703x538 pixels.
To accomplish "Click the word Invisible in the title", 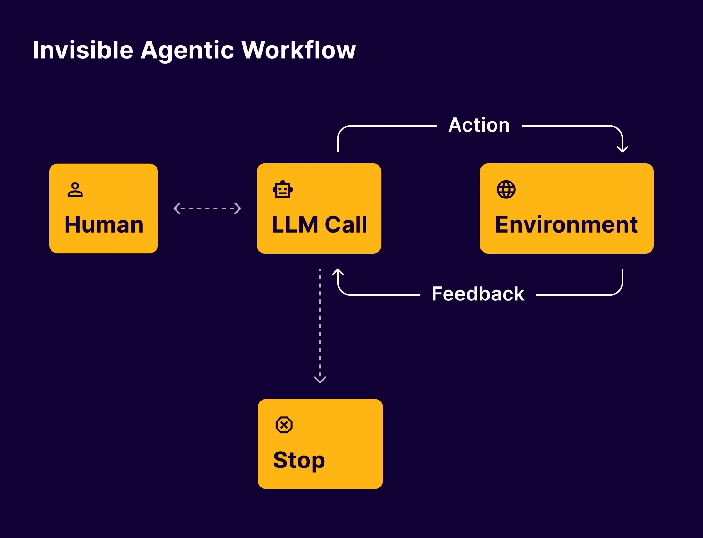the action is point(83,50).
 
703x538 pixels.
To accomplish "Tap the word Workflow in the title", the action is point(298,50).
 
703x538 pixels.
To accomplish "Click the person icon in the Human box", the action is point(75,190).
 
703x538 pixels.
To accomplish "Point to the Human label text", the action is point(104,224).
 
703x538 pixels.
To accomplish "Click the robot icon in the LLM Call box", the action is point(283,190).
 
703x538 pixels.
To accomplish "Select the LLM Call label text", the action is point(319,224).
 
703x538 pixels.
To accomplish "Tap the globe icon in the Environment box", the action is point(506,190).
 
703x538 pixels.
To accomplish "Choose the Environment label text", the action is point(566,224).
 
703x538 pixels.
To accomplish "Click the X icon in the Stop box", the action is point(284,425).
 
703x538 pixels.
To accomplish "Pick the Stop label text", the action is point(299,461).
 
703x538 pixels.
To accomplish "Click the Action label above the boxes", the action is point(479,125).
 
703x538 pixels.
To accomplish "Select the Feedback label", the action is point(478,294).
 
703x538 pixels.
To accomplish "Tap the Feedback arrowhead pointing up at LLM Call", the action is point(338,272).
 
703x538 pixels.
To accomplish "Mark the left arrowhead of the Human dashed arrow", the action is point(177,208).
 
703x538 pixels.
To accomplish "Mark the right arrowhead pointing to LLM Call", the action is point(238,208).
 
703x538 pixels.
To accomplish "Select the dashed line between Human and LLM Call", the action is point(207,208).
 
